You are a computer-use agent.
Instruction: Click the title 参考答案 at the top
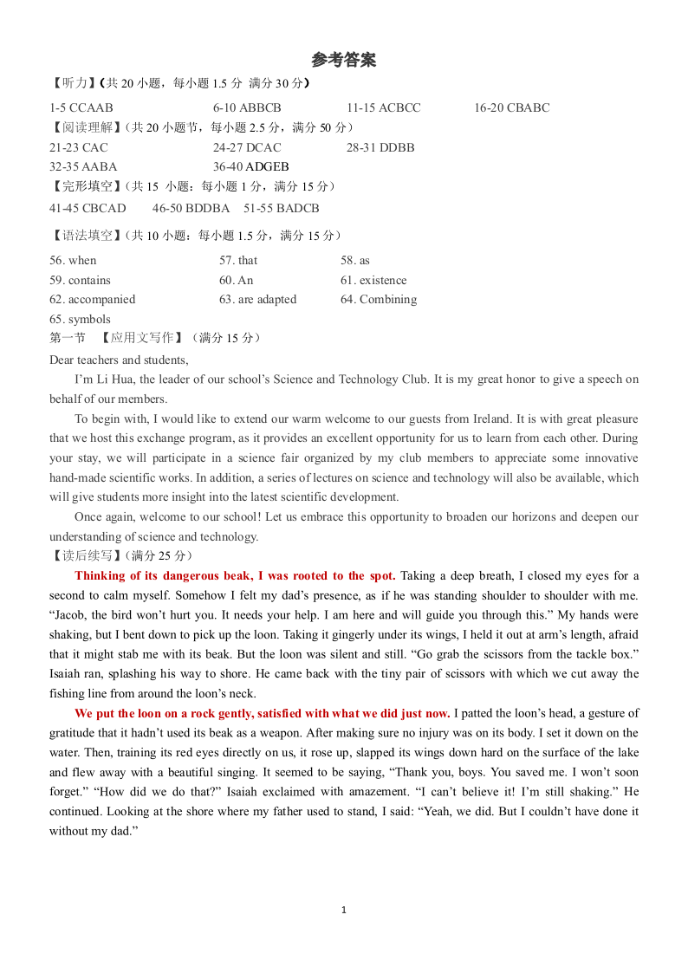click(x=344, y=61)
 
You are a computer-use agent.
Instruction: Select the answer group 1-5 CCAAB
click(x=81, y=108)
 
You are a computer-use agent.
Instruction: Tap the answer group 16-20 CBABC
click(x=511, y=108)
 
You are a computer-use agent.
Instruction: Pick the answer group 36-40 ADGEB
click(x=250, y=166)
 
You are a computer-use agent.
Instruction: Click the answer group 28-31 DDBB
click(x=380, y=147)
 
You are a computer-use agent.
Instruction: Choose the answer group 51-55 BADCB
click(x=281, y=208)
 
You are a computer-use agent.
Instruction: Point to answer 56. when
click(x=73, y=260)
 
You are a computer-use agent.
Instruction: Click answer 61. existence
click(x=373, y=280)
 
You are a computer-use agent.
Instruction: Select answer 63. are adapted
click(x=257, y=300)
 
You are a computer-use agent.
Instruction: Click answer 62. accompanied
click(x=92, y=300)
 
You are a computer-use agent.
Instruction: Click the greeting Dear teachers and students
click(x=119, y=360)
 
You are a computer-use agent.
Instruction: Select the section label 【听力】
click(x=72, y=84)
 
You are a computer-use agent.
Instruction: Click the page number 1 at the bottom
click(x=344, y=910)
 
